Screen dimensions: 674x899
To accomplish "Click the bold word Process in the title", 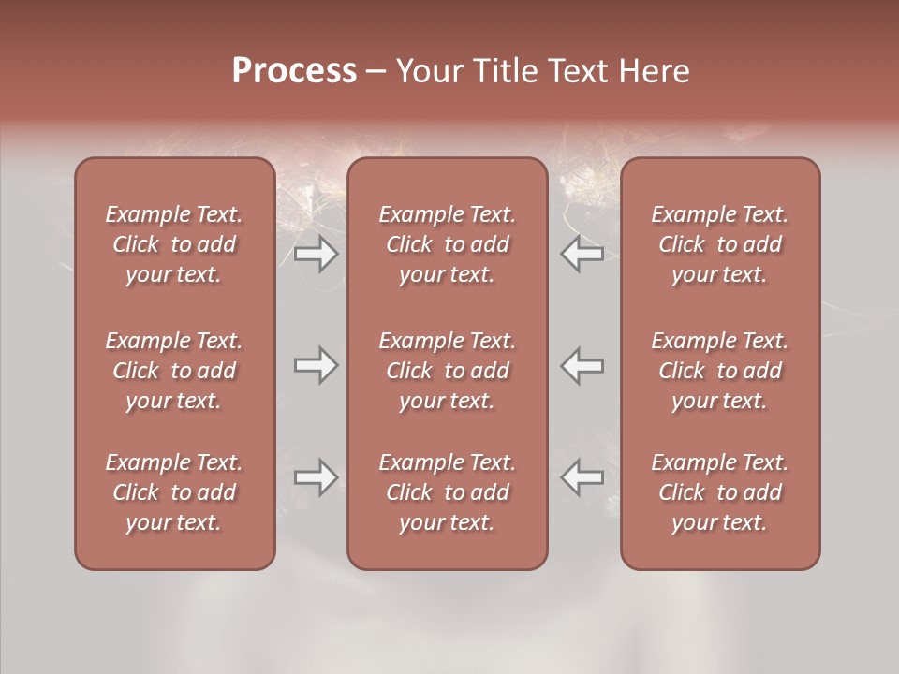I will (294, 71).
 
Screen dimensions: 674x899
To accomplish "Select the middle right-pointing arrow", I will (316, 365).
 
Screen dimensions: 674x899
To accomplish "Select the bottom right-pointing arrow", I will (316, 478).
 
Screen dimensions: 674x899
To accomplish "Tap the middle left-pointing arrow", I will (582, 365).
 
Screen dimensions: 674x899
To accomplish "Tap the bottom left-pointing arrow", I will (582, 478).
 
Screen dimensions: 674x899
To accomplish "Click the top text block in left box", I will (174, 244).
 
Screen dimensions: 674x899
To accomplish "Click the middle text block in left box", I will (174, 371).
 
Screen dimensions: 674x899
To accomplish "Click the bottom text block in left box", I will (174, 492).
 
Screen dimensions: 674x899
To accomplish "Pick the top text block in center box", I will (447, 244).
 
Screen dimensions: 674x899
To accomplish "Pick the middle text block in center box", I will (447, 371).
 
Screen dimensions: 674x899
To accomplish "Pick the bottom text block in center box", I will (447, 492).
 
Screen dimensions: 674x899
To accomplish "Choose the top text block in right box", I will (720, 244).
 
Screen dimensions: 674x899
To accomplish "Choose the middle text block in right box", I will (720, 371).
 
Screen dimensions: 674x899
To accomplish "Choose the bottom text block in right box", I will (720, 492).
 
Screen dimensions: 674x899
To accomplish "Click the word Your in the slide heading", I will (429, 71).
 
